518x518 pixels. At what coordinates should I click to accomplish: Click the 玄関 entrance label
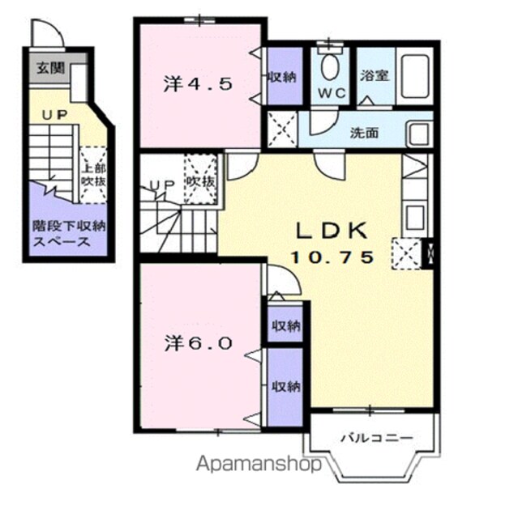(x=50, y=68)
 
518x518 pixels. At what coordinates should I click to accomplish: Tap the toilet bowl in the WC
(x=330, y=66)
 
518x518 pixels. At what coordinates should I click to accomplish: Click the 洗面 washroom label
(x=364, y=133)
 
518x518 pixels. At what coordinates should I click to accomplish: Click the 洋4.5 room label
(x=198, y=84)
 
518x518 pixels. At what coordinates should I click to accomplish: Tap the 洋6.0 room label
(x=199, y=343)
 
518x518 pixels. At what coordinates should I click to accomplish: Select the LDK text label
(x=332, y=231)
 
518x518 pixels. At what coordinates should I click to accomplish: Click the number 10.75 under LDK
(x=332, y=257)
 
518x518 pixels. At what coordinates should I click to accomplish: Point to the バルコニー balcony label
(x=378, y=438)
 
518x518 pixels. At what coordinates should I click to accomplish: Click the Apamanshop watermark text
(x=259, y=464)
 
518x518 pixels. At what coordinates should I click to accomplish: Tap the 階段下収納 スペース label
(x=69, y=234)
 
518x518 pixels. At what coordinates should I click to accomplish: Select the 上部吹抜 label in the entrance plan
(x=93, y=175)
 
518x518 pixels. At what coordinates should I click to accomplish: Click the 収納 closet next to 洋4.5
(x=285, y=76)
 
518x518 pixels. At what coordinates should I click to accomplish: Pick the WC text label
(x=332, y=94)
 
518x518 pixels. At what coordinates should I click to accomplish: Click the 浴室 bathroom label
(x=375, y=75)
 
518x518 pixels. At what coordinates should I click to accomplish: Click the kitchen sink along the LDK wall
(x=416, y=217)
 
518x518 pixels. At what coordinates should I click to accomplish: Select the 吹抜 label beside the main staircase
(x=201, y=181)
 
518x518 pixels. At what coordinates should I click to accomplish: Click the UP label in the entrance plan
(x=54, y=115)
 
